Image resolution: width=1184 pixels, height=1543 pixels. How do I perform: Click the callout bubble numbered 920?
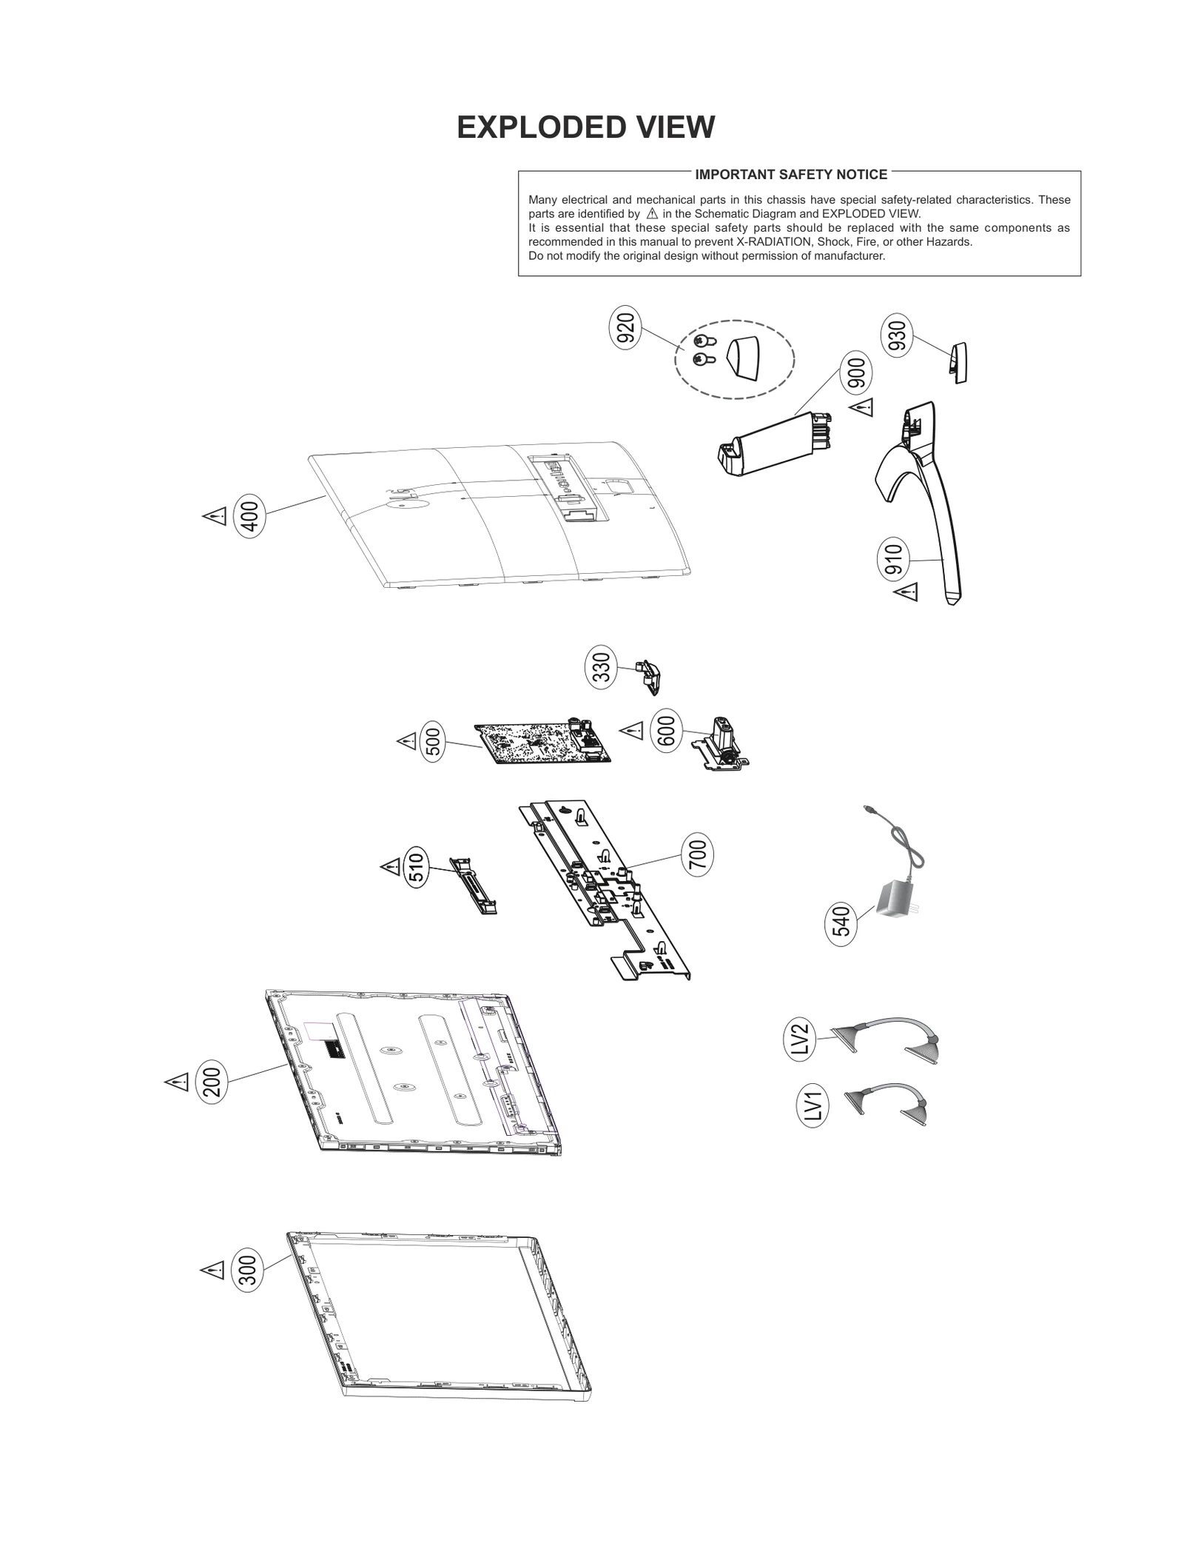pyautogui.click(x=626, y=330)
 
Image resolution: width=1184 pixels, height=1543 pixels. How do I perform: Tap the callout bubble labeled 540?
pyautogui.click(x=841, y=926)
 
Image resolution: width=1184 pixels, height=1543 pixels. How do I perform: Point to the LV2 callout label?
pyautogui.click(x=799, y=1040)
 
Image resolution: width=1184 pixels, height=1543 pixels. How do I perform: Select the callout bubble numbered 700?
pyautogui.click(x=697, y=855)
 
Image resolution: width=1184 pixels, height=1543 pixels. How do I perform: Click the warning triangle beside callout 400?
pyautogui.click(x=215, y=516)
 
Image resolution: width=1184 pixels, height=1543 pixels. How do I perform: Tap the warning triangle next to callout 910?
pyautogui.click(x=906, y=592)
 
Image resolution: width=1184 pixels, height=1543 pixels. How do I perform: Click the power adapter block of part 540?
pyautogui.click(x=896, y=900)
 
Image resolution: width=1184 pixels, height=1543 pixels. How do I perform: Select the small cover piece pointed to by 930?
pyautogui.click(x=958, y=363)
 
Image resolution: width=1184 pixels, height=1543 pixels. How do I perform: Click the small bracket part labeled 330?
pyautogui.click(x=649, y=675)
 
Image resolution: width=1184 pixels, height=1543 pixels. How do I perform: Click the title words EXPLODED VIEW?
pyautogui.click(x=585, y=127)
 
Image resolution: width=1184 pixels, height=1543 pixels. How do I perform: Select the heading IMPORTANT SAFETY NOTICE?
pyautogui.click(x=790, y=175)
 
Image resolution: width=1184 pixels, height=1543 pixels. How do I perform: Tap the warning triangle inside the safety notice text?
pyautogui.click(x=651, y=214)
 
